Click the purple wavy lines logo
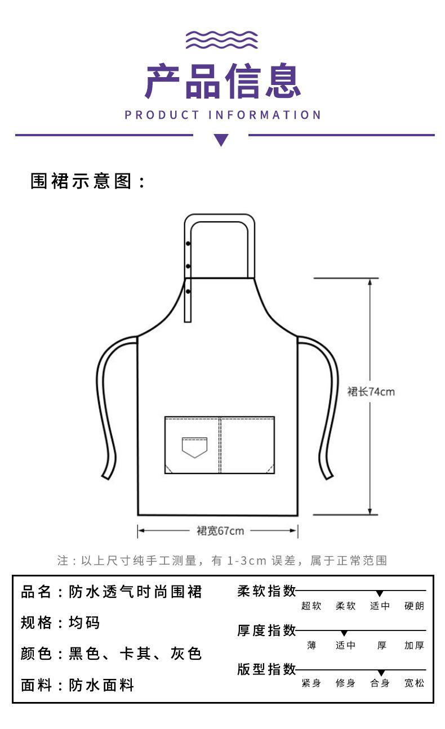pos(222,40)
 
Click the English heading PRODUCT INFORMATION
pos(223,115)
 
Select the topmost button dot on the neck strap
pos(188,243)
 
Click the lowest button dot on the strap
pos(188,292)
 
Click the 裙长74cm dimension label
pos(371,391)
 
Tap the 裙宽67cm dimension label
pos(220,531)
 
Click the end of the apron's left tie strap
pos(106,477)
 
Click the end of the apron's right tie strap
pos(328,477)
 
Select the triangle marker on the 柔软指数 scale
pos(380,593)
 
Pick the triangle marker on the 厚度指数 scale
pos(344,633)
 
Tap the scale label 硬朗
pos(414,606)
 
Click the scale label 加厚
pos(414,645)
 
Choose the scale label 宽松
pos(414,683)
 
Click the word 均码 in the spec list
pos(84,623)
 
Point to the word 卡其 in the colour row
pos(135,654)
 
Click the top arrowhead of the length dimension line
pos(370,282)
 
